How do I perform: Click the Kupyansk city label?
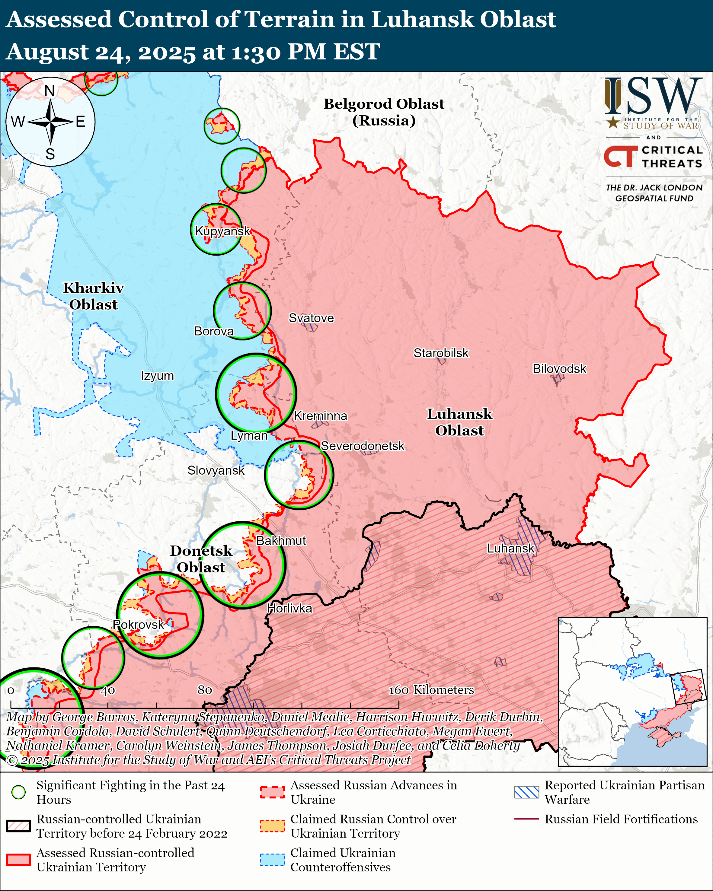[x=222, y=231]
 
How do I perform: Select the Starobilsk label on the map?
[x=441, y=353]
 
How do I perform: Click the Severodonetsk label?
[x=363, y=446]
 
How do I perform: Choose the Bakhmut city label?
[x=281, y=541]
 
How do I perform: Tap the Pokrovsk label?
[x=139, y=625]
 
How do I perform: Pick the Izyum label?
[x=157, y=376]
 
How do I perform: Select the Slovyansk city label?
[x=216, y=470]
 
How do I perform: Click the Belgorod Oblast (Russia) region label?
[x=384, y=112]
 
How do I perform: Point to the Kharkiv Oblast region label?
[x=93, y=296]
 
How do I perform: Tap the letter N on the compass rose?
[x=50, y=91]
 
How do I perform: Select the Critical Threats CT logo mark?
[x=620, y=156]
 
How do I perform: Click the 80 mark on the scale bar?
[x=205, y=690]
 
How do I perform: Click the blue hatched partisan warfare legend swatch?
[x=526, y=792]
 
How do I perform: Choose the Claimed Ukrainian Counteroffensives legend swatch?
[x=272, y=860]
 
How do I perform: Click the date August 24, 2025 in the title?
[x=101, y=52]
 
